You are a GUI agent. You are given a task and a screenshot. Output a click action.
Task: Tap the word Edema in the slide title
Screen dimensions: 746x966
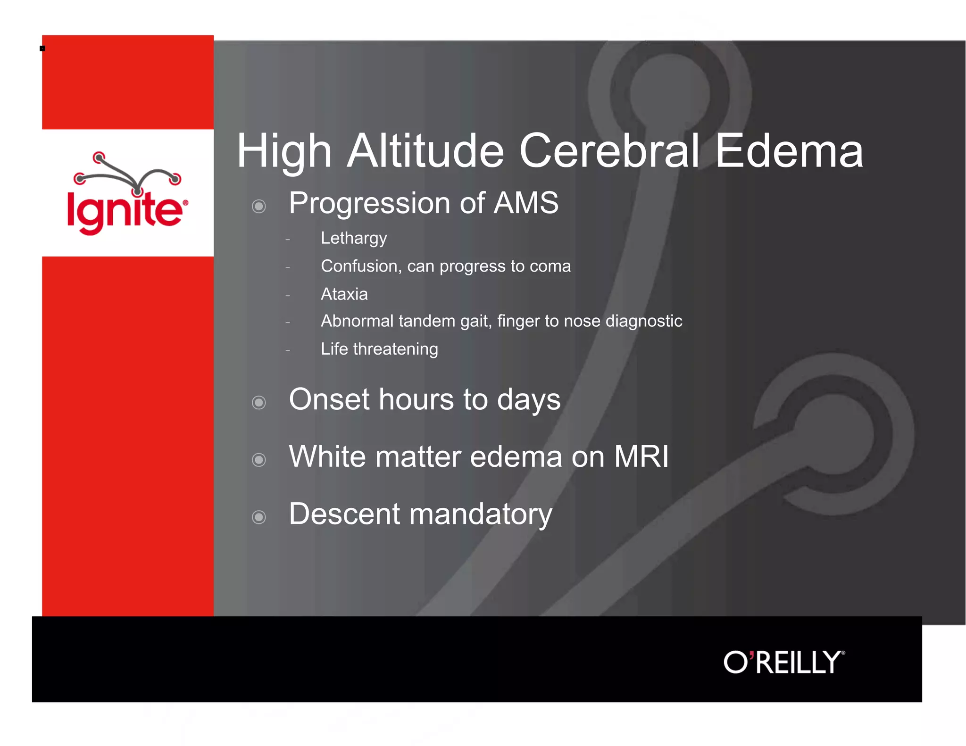pyautogui.click(x=789, y=151)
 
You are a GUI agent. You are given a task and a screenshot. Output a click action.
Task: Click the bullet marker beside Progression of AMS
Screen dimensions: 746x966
pyautogui.click(x=258, y=206)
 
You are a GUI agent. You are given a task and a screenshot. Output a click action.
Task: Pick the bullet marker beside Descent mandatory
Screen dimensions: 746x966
pyautogui.click(x=258, y=517)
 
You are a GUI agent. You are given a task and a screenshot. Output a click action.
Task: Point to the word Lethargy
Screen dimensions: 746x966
pyautogui.click(x=353, y=239)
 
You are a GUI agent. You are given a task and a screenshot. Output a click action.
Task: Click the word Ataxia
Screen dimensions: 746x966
pyautogui.click(x=344, y=294)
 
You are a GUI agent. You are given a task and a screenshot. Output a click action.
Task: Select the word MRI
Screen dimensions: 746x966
pyautogui.click(x=641, y=456)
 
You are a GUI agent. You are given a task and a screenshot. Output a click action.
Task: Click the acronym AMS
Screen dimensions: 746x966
pyautogui.click(x=525, y=203)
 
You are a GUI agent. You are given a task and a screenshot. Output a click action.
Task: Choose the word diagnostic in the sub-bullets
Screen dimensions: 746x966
pyautogui.click(x=643, y=321)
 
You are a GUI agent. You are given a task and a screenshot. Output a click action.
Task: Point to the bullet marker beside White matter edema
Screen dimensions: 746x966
pyautogui.click(x=258, y=459)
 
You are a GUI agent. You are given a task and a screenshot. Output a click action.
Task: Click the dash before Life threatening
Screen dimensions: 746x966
pyautogui.click(x=287, y=350)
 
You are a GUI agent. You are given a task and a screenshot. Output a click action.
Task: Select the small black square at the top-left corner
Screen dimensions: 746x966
pyautogui.click(x=42, y=48)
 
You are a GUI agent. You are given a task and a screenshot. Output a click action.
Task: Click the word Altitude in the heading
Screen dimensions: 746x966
pyautogui.click(x=426, y=151)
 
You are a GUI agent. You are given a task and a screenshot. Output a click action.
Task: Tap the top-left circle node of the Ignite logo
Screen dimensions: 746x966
pyautogui.click(x=99, y=157)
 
